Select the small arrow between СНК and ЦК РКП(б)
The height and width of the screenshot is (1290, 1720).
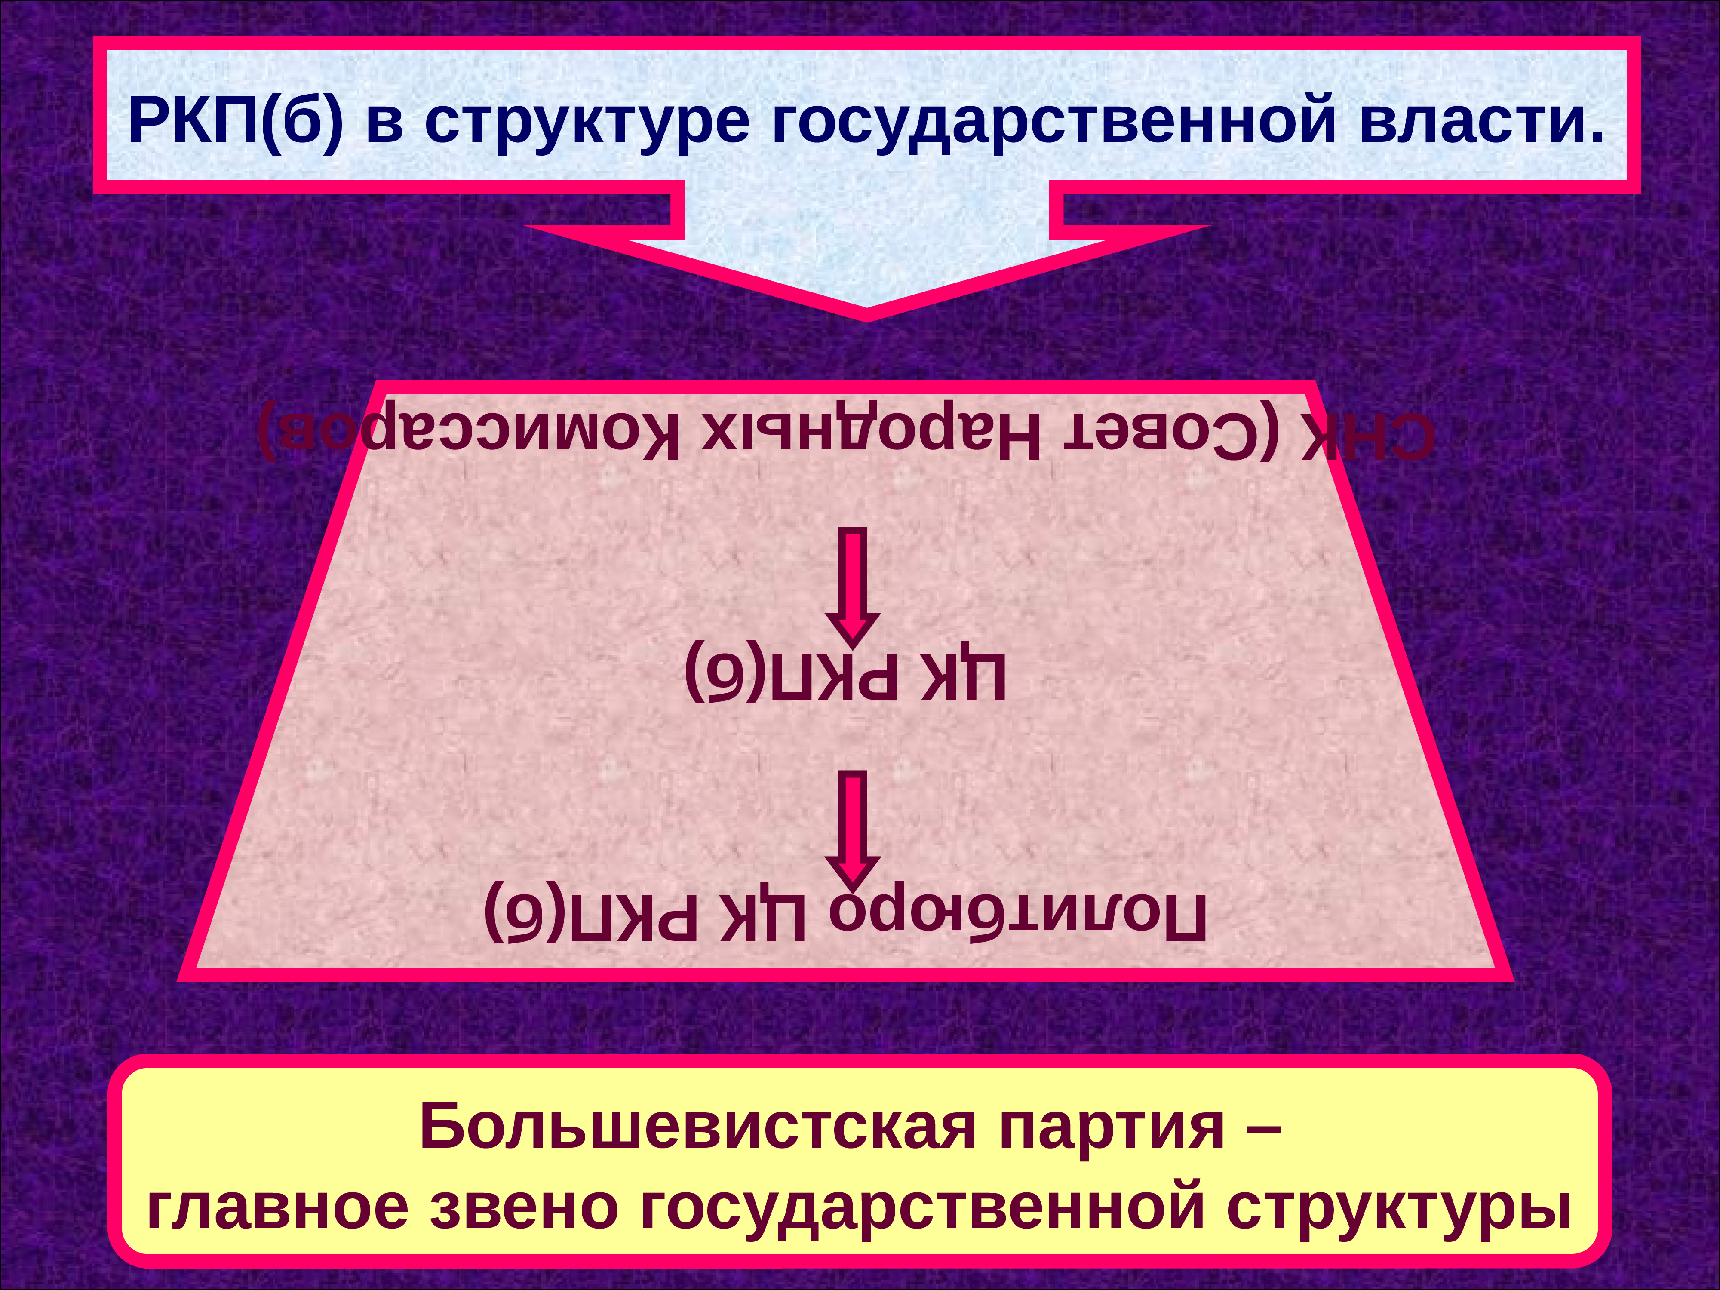[x=853, y=587]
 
